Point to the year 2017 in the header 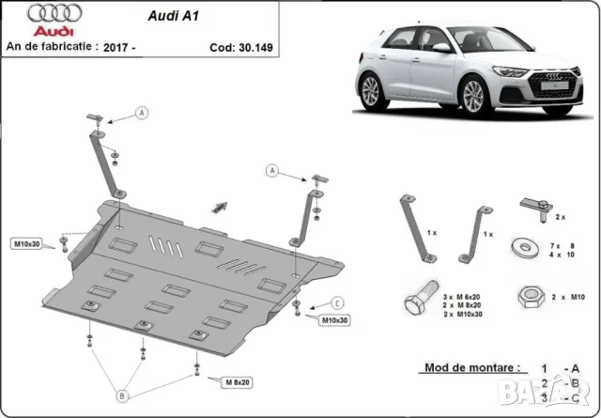click(x=149, y=45)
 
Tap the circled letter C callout click(x=338, y=302)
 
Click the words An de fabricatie click(x=53, y=45)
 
